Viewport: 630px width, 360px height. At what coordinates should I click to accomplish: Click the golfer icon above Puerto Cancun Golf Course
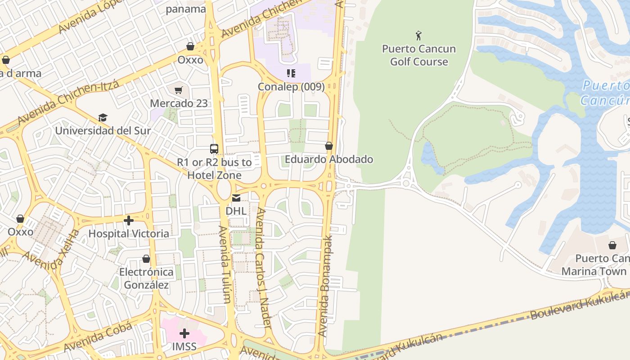click(x=419, y=35)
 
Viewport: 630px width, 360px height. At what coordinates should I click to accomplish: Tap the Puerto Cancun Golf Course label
click(x=419, y=55)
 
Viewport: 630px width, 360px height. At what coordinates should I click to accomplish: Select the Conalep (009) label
click(x=291, y=86)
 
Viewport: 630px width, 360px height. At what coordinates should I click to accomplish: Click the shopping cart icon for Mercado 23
click(x=179, y=90)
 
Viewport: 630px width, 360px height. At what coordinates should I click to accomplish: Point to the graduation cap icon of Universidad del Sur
click(x=103, y=118)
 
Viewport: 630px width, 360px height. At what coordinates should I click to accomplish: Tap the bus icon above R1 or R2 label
click(x=214, y=149)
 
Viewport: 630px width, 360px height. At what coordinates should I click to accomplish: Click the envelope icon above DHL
click(x=236, y=198)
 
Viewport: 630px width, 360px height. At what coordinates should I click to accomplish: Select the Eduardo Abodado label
click(x=329, y=159)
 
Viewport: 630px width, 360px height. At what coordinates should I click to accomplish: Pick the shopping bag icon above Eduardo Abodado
click(x=329, y=146)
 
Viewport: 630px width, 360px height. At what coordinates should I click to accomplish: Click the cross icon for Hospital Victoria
click(x=129, y=220)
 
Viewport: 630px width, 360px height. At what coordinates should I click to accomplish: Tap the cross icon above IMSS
click(x=184, y=333)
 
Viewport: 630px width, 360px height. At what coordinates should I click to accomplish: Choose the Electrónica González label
click(x=146, y=279)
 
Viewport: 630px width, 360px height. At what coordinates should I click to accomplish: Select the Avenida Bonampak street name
click(x=326, y=286)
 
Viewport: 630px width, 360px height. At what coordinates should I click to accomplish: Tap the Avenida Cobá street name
click(x=98, y=337)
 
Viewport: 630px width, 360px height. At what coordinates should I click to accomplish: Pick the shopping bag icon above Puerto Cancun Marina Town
click(x=612, y=245)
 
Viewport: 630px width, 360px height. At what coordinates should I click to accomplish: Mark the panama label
click(x=186, y=9)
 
